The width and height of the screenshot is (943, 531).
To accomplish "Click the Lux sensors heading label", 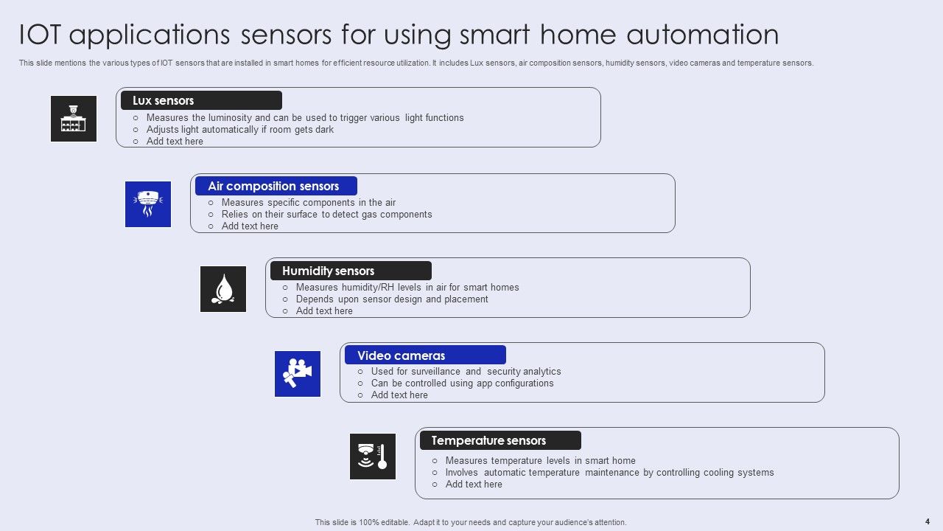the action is tap(164, 100).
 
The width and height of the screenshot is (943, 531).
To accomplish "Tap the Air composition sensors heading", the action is tap(273, 186).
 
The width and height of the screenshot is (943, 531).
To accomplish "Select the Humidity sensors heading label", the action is tap(329, 271).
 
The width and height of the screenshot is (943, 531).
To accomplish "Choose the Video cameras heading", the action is tap(402, 355).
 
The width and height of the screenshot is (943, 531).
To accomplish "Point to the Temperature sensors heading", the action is tap(488, 440).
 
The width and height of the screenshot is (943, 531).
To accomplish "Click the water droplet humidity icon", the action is tap(223, 289).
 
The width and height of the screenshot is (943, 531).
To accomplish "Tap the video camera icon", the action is tap(298, 374).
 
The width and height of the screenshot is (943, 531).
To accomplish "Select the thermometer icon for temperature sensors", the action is tap(373, 457).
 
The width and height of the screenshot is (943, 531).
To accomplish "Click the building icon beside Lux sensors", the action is tap(74, 119).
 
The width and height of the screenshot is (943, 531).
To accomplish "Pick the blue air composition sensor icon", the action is tap(148, 204).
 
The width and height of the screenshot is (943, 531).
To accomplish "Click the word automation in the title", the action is tap(703, 35).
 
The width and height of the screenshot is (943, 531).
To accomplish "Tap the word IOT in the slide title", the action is tap(41, 35).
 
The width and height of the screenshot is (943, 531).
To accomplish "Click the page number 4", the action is tap(927, 521).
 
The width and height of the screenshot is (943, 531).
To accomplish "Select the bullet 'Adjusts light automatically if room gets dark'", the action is tap(239, 129).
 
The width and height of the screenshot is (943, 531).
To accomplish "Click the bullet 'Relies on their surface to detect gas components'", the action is tap(326, 214).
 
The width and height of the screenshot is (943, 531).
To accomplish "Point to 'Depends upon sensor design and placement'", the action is tap(392, 299).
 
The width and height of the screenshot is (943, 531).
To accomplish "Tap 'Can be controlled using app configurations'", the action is tap(462, 383).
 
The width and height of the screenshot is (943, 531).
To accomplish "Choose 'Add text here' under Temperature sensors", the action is tap(474, 484).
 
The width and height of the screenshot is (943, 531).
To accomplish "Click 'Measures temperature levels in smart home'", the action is tap(540, 460).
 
